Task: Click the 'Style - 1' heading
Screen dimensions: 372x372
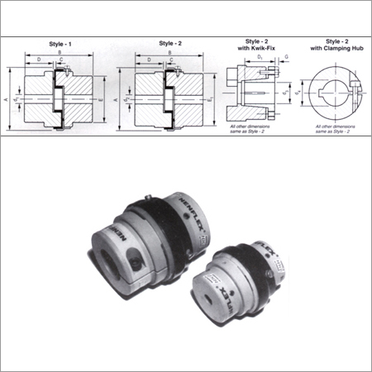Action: [56, 43]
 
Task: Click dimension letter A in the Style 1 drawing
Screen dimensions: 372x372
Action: [8, 98]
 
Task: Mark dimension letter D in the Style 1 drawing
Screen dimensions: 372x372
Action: [38, 60]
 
